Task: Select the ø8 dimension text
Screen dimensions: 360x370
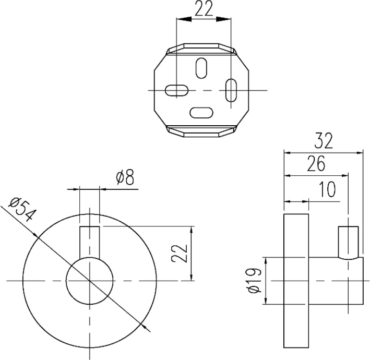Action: (x=125, y=178)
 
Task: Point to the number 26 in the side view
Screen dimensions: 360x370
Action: (x=315, y=164)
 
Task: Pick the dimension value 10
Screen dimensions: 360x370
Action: (x=327, y=189)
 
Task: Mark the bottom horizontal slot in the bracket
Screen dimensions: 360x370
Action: (x=201, y=112)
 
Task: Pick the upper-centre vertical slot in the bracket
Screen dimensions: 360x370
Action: (x=201, y=67)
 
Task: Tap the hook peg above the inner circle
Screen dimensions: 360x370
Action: (x=89, y=241)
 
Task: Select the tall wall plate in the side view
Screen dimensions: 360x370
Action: (x=296, y=281)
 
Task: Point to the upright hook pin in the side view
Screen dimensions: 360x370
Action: (x=348, y=242)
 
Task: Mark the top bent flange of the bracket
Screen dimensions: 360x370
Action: (x=201, y=50)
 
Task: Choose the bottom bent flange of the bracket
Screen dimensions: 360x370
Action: (x=201, y=130)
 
